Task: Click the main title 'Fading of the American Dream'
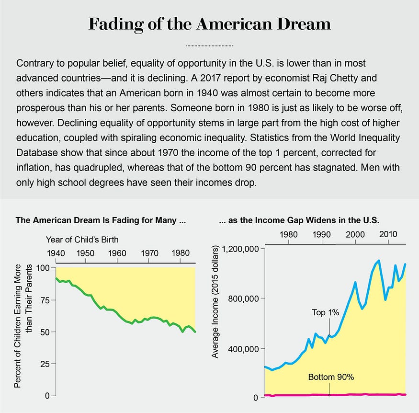tap(209, 24)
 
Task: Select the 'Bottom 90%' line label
tap(331, 377)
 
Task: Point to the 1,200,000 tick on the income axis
tap(239, 249)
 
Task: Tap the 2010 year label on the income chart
tap(388, 234)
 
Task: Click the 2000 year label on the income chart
tap(355, 234)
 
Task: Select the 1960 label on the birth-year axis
tap(117, 253)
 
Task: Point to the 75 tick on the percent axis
tap(44, 300)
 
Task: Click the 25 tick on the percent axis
tap(44, 364)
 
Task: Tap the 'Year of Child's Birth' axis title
tap(82, 239)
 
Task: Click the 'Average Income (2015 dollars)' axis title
tap(215, 302)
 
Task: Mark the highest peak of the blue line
tap(379, 261)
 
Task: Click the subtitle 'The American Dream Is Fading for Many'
tap(100, 221)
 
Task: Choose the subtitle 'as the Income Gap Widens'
tap(299, 221)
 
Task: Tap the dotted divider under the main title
tap(209, 46)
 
